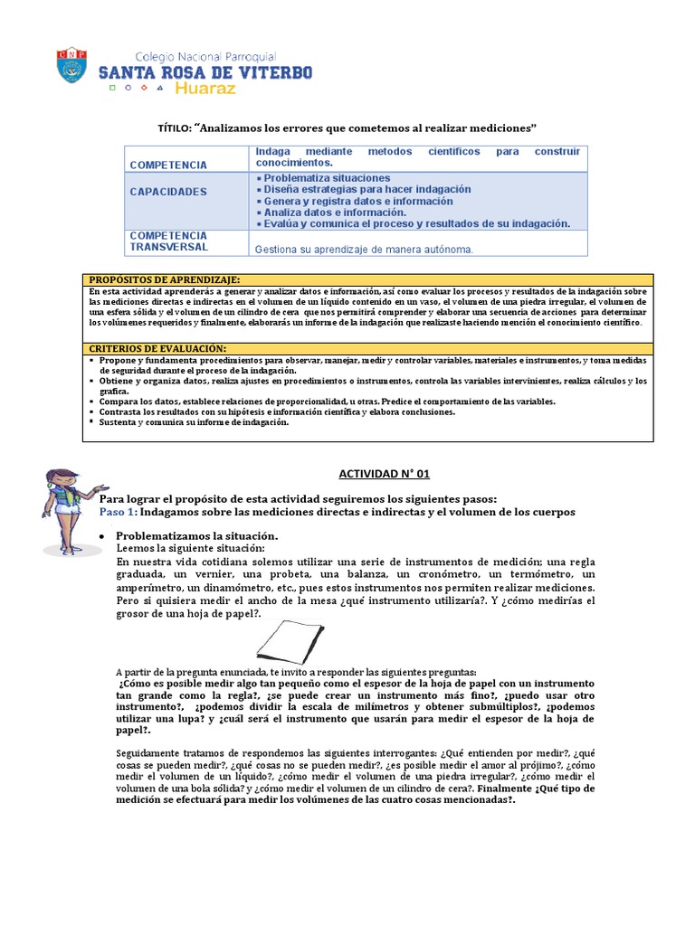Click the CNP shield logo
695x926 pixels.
tap(71, 65)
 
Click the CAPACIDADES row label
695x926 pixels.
tap(168, 192)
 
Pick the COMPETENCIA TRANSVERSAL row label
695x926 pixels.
tap(168, 241)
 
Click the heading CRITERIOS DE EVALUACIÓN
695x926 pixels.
tap(157, 348)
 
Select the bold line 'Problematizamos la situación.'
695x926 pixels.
tap(197, 536)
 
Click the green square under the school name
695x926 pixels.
tap(112, 90)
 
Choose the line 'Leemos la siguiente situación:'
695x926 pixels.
tap(191, 549)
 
